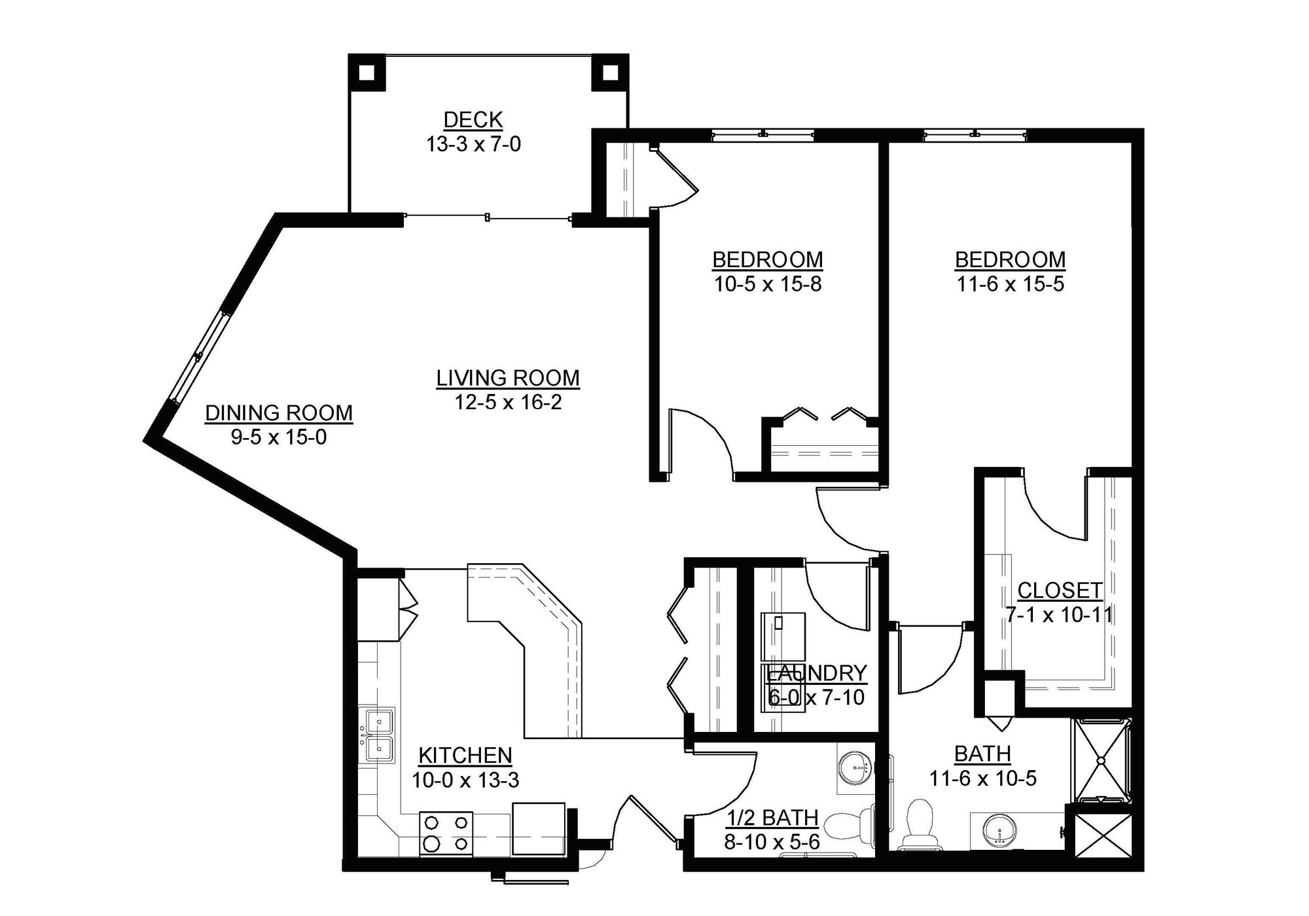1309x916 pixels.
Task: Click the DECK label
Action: tap(473, 120)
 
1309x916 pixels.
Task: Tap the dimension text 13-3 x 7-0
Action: tap(473, 144)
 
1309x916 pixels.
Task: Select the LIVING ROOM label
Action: tap(508, 378)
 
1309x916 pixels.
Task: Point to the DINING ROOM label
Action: tap(279, 412)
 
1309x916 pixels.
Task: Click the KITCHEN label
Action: tap(465, 756)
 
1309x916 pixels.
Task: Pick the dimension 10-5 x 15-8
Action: tap(767, 284)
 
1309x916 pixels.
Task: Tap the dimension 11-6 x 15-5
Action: tap(1010, 284)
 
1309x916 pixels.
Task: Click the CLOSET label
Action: tap(1060, 591)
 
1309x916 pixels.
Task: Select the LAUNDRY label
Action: tap(816, 672)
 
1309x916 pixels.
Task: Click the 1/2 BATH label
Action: tap(773, 818)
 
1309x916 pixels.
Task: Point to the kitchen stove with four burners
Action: tap(446, 833)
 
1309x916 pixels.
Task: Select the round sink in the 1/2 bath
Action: tap(855, 766)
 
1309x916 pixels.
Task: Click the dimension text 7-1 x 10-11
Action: tap(1060, 615)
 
